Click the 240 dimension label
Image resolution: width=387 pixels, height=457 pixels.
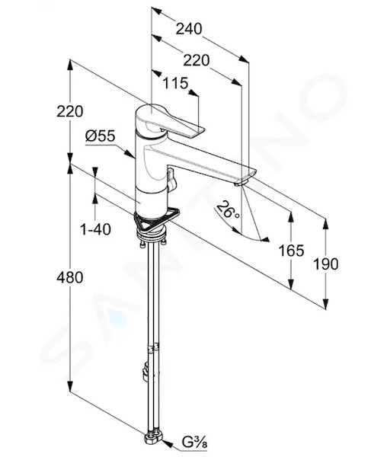click(189, 29)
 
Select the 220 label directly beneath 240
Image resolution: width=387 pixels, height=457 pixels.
click(197, 61)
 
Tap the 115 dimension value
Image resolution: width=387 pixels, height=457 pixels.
click(175, 83)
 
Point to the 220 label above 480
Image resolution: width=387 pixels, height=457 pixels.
click(70, 111)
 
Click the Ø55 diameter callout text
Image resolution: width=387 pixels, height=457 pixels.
click(101, 136)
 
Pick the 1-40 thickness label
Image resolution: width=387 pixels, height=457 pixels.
click(95, 229)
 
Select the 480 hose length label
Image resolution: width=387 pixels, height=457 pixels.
click(70, 277)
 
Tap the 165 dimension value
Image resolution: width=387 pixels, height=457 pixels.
click(291, 251)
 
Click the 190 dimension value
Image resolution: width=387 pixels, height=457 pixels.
click(325, 264)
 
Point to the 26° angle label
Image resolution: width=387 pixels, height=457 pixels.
click(229, 210)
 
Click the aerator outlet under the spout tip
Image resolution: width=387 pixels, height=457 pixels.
click(241, 183)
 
